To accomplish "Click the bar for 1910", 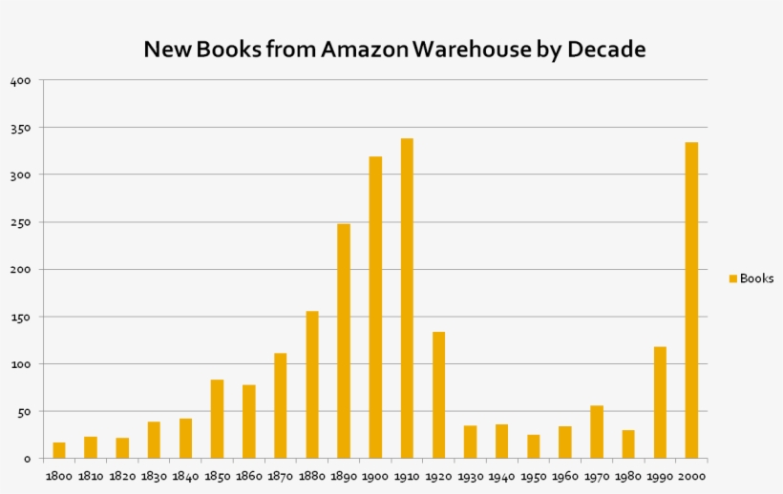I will click(407, 298).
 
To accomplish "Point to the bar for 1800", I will click(59, 450).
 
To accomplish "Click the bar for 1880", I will click(312, 384).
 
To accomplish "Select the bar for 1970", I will click(597, 432).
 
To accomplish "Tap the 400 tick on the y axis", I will click(22, 81).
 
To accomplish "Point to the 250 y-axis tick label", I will click(22, 222).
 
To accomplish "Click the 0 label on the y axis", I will click(29, 459).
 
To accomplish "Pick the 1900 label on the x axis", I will click(375, 475).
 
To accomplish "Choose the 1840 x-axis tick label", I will click(185, 475).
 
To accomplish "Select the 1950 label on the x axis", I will click(533, 475).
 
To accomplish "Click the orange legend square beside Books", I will click(733, 278).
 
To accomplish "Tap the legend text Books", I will click(757, 278).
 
